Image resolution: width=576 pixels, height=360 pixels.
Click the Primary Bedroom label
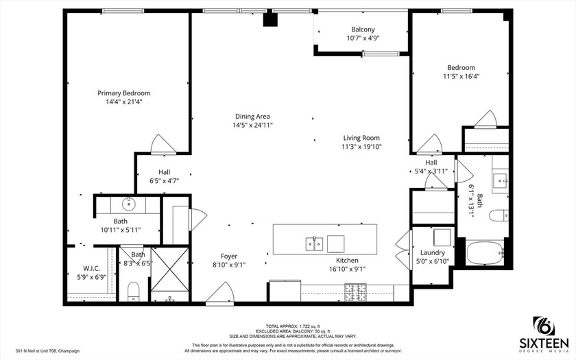123,93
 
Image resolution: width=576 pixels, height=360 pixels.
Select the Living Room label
361,137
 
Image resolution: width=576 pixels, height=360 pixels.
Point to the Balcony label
363,29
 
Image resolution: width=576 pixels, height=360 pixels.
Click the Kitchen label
347,261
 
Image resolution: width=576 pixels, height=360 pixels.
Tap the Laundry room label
432,252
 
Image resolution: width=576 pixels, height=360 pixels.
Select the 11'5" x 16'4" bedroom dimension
461,76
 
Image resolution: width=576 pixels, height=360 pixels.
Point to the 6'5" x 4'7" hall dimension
164,181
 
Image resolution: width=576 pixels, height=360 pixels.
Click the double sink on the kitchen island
315,243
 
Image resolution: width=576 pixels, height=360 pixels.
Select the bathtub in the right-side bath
485,254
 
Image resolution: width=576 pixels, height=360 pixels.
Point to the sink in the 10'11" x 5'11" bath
128,204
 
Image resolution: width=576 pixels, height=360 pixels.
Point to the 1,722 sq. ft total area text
287,326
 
